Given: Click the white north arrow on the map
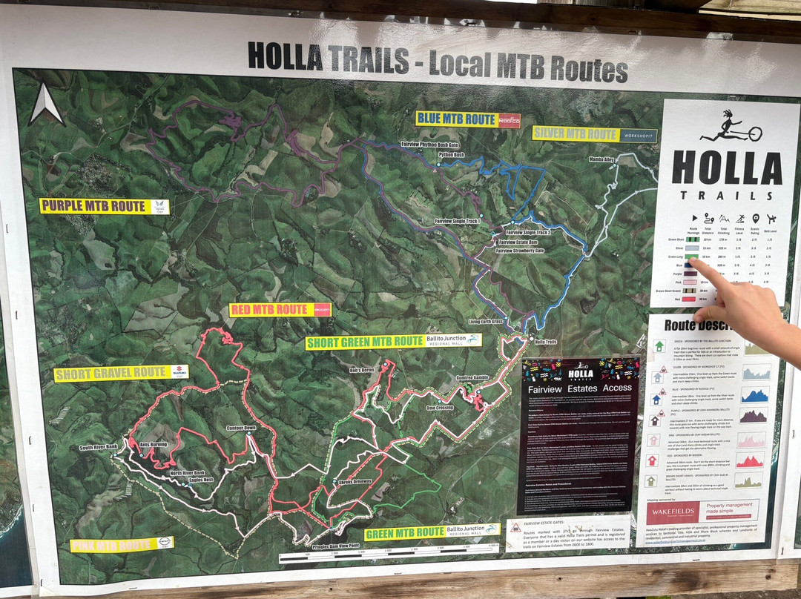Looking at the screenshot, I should click(46, 105).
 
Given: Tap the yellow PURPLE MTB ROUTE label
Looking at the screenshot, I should click(93, 206).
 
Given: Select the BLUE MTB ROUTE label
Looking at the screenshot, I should click(455, 119).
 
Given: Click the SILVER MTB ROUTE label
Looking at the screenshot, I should click(576, 135).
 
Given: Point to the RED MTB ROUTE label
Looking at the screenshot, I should click(269, 310).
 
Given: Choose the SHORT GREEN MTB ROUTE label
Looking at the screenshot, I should click(365, 342).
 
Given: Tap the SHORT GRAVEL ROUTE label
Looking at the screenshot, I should click(111, 373).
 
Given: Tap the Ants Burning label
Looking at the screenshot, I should click(153, 444).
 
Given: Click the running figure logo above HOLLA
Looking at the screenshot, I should click(731, 127).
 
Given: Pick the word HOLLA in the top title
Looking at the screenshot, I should click(285, 56).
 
